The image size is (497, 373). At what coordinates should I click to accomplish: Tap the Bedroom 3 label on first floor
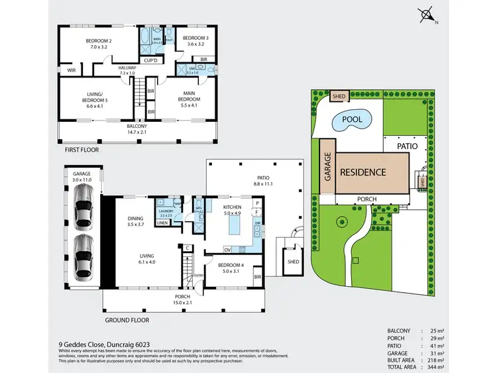point(195,41)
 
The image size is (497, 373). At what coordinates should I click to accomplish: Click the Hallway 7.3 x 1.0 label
point(127,70)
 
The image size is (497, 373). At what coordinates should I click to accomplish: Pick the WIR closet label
point(71,70)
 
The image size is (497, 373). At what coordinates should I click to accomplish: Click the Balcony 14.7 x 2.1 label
point(137,128)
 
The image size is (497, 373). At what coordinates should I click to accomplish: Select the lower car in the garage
point(83,256)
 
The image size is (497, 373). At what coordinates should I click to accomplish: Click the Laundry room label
point(166,213)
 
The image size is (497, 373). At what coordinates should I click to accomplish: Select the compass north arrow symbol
point(425,13)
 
